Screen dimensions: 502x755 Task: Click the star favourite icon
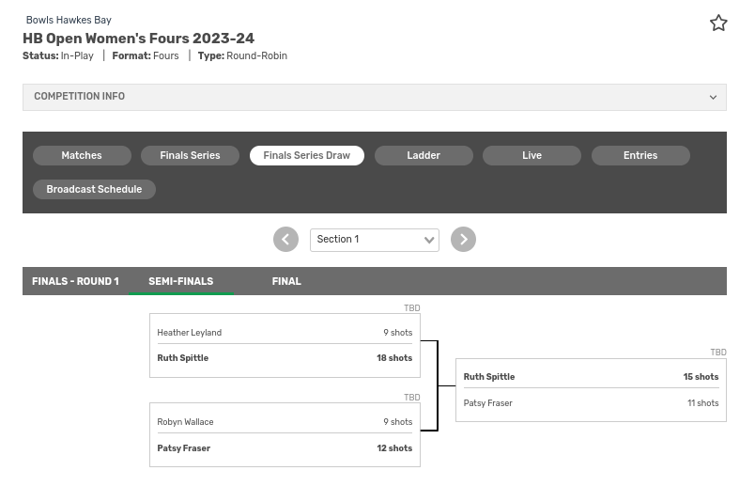coord(718,24)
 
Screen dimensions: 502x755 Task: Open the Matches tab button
coord(82,155)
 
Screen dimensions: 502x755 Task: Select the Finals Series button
coord(190,155)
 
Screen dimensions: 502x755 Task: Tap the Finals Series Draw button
coord(306,155)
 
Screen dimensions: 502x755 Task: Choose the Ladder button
coord(424,155)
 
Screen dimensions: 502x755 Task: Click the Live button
coord(532,155)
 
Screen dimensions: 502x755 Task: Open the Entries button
coord(640,155)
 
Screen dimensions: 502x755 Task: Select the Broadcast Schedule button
coord(94,189)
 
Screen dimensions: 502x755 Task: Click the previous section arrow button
coord(285,240)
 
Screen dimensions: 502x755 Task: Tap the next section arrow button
coord(463,240)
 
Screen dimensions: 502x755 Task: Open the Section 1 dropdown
coord(374,240)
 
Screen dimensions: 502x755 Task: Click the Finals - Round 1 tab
coord(75,281)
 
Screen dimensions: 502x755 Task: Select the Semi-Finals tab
coord(180,281)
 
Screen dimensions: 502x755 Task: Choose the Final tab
coord(286,281)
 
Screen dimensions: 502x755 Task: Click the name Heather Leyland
coord(190,333)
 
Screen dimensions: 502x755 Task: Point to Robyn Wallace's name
coord(185,422)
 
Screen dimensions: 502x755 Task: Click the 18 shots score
coord(394,358)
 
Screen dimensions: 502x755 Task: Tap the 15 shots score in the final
coord(701,377)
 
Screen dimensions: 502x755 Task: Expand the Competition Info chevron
coord(713,97)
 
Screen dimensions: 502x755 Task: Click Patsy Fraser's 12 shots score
coord(394,448)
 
